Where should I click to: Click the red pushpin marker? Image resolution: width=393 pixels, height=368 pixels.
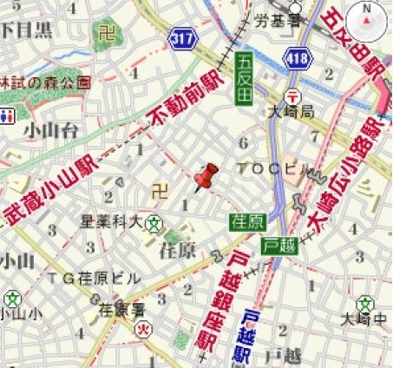(206, 177)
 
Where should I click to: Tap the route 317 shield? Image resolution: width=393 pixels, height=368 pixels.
(184, 37)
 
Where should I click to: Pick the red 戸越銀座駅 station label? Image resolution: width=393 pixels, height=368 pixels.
(225, 299)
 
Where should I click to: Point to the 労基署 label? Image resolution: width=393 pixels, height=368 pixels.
(259, 19)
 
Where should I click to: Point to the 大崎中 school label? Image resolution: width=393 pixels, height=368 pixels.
(370, 320)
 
